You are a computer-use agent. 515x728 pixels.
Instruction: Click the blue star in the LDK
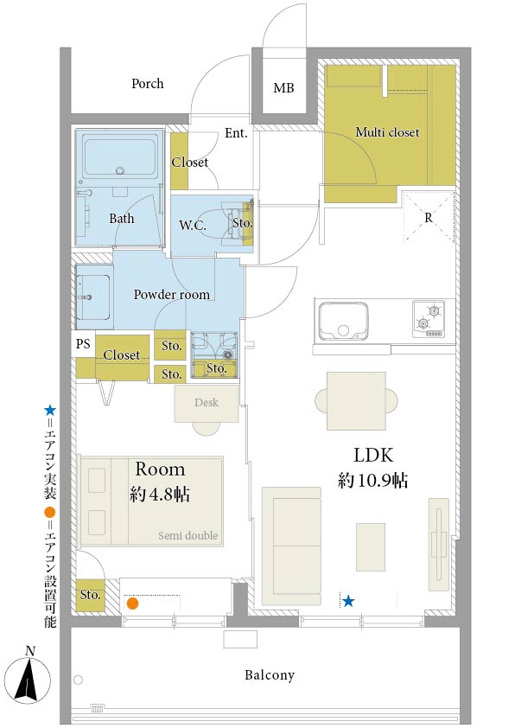pos(348,602)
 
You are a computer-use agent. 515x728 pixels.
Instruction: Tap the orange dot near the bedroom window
pos(133,603)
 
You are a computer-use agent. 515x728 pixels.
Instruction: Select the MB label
pos(283,87)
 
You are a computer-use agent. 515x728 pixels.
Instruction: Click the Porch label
pos(148,84)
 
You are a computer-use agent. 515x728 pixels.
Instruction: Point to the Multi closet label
pos(387,132)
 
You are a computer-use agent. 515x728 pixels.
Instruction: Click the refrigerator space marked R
pos(429,217)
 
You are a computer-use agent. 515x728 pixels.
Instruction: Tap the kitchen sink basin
pos(343,322)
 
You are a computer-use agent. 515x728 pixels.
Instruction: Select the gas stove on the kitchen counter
pos(429,319)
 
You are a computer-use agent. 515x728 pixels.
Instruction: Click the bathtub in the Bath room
pos(120,157)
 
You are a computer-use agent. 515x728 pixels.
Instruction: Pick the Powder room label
pos(172,294)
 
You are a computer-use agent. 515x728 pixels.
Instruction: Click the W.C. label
pos(193,226)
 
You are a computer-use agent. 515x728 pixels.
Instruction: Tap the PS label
pos(83,343)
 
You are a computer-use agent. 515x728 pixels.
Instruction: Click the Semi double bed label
pos(188,536)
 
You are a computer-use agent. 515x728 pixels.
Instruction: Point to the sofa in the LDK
pos(291,546)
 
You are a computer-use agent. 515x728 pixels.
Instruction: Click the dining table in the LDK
pos(356,400)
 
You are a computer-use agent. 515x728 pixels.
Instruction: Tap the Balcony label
pos(270,675)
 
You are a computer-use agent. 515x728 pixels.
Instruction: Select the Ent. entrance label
pos(236,133)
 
